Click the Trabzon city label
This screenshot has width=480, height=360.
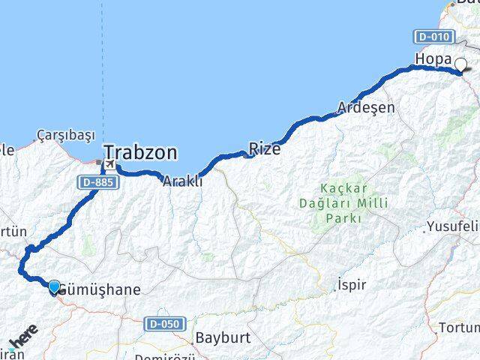141,154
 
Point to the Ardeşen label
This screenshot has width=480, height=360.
366,107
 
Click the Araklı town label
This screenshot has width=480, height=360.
183,181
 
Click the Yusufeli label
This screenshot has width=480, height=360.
452,226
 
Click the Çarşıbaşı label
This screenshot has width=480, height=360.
67,136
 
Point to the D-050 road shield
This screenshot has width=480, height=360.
163,322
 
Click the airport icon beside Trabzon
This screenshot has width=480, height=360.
109,164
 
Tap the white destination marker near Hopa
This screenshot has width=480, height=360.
460,65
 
